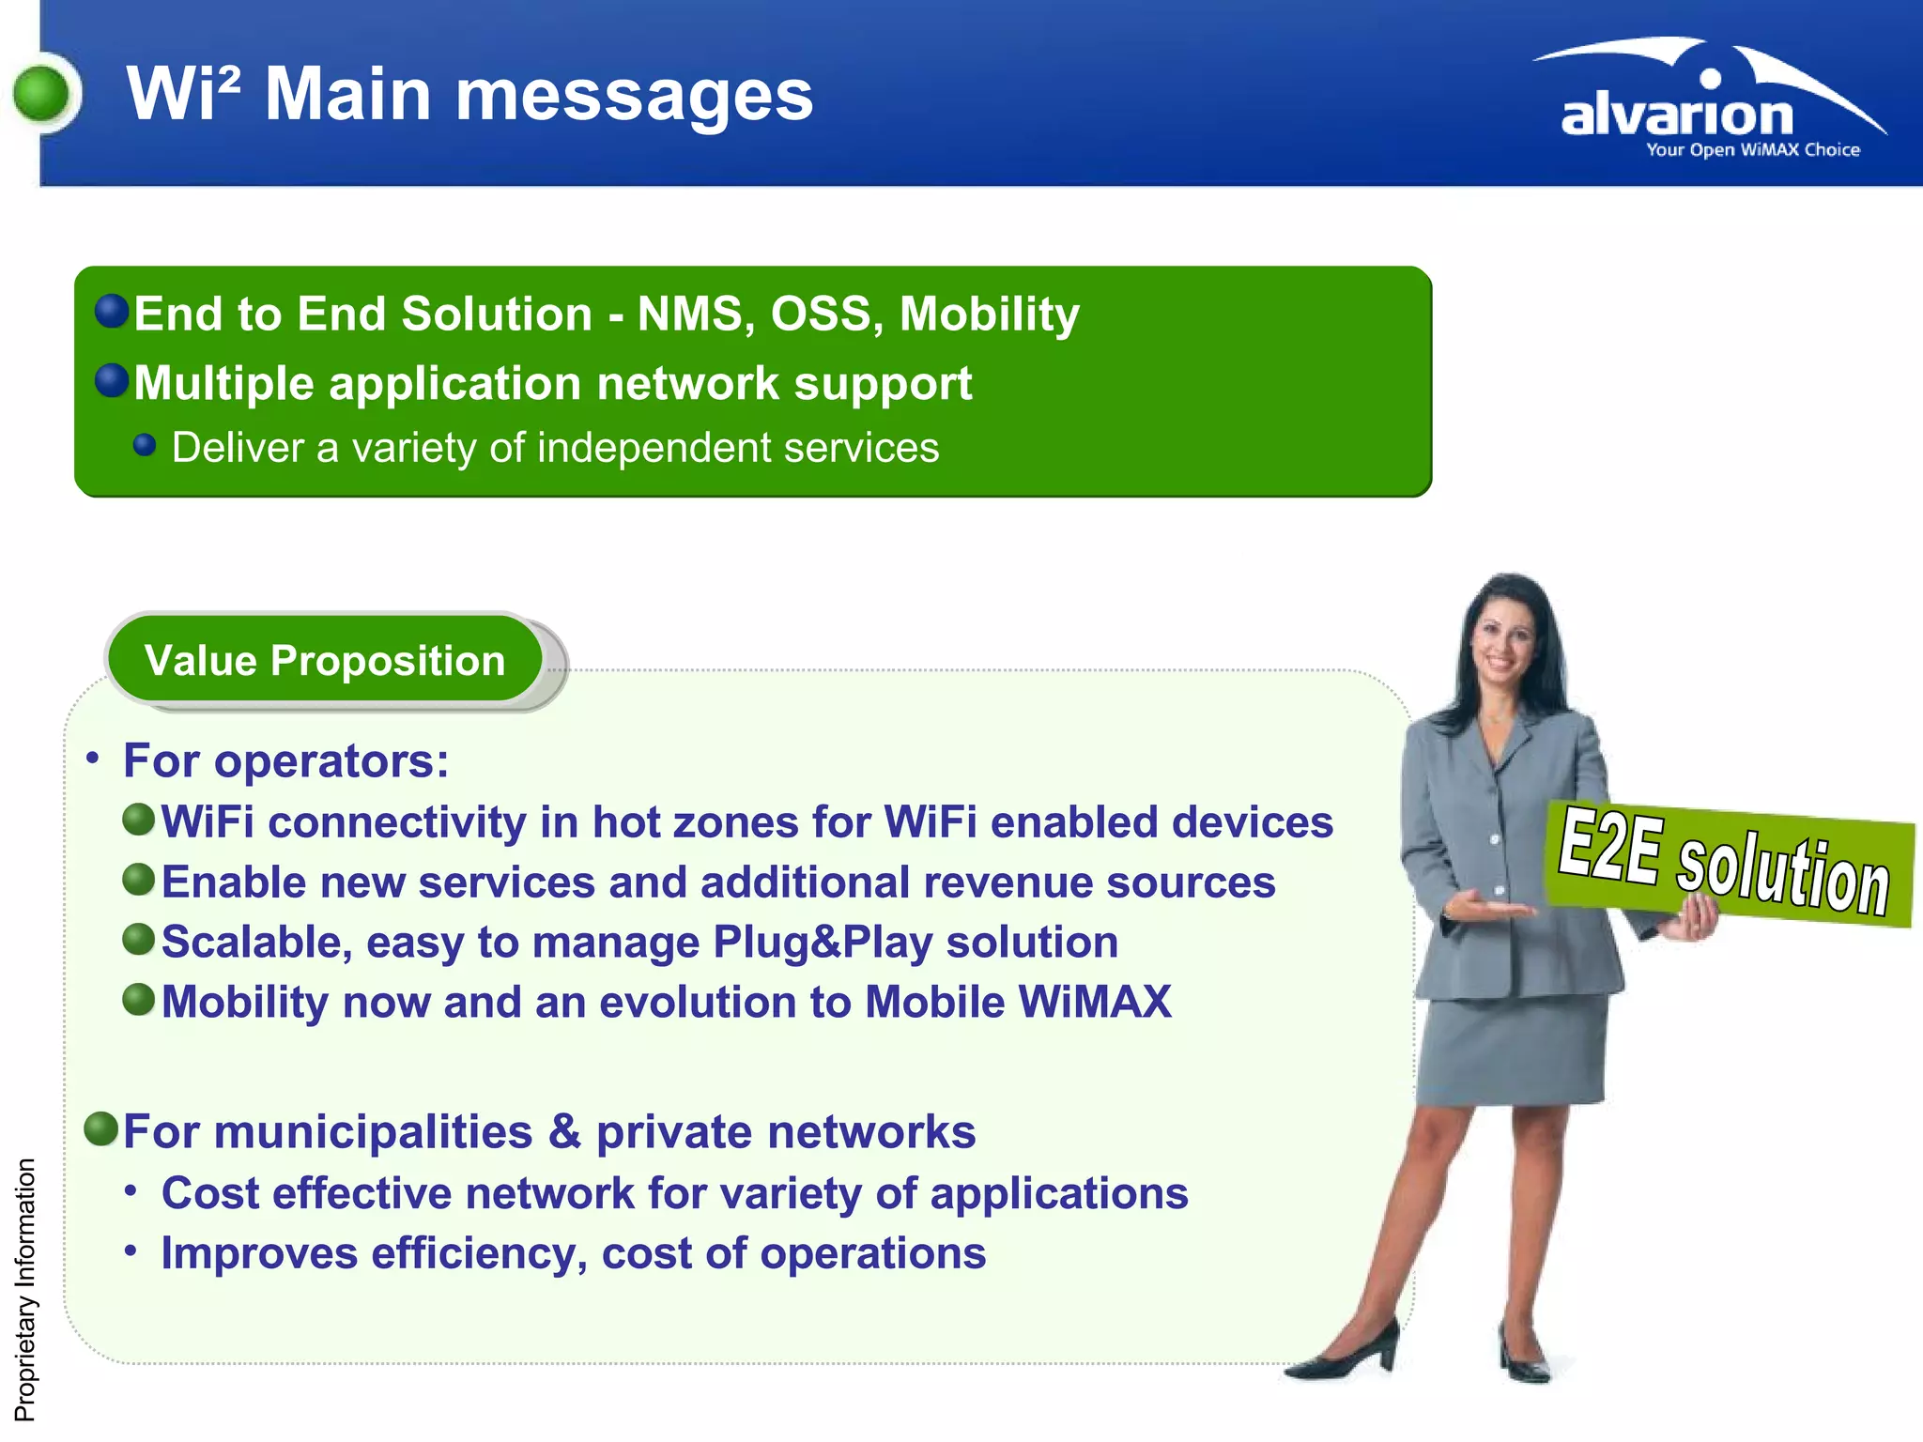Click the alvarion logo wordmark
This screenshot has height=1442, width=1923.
click(x=1677, y=115)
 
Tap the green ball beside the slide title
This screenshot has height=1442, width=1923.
click(x=42, y=94)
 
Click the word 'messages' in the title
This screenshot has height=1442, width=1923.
click(x=634, y=95)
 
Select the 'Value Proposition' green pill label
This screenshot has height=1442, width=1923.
click(x=325, y=660)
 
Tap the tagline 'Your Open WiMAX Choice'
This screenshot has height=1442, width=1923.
click(x=1752, y=150)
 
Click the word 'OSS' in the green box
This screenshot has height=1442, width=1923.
click(x=825, y=314)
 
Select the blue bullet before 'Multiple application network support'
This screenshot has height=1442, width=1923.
click(x=112, y=380)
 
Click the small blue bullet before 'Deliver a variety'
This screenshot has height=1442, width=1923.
click(x=145, y=445)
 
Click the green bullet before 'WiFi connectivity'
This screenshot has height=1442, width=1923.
click(x=139, y=820)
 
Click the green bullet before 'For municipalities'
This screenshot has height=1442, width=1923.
click(x=100, y=1128)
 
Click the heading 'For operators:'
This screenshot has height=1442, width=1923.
click(x=286, y=760)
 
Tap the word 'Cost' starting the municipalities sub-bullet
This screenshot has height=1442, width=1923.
click(x=209, y=1193)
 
